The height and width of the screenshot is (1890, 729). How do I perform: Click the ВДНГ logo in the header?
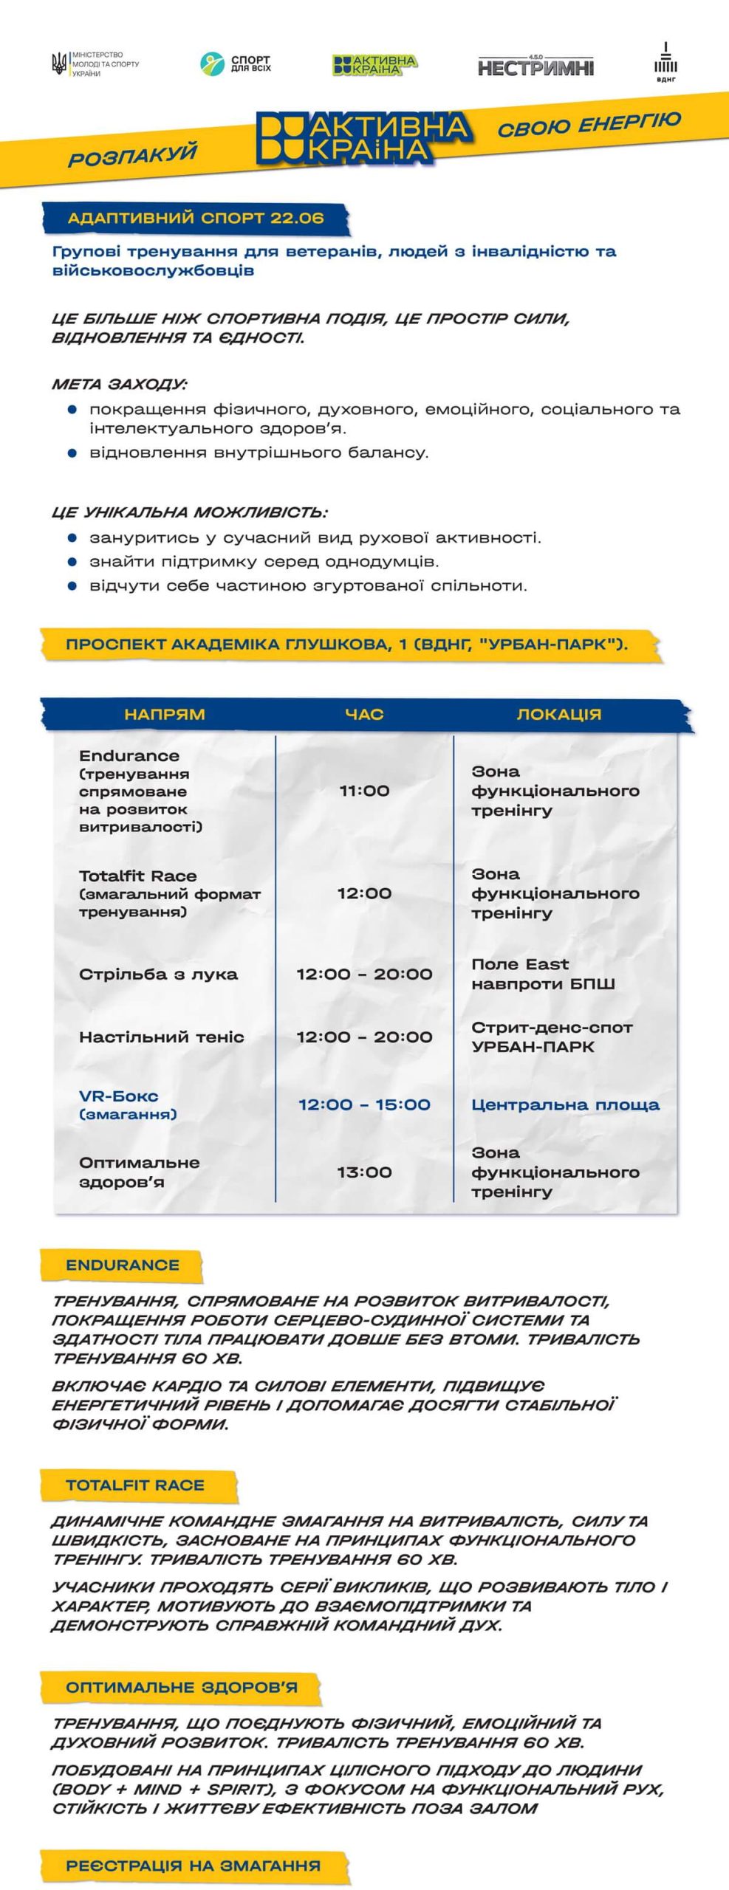(x=665, y=65)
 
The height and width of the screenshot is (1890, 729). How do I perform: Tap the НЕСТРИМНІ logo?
(x=535, y=66)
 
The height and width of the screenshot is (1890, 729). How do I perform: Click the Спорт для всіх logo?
(x=236, y=64)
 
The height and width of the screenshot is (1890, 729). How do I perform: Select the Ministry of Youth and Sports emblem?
(x=58, y=65)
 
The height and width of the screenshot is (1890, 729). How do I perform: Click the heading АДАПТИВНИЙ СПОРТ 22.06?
(x=196, y=219)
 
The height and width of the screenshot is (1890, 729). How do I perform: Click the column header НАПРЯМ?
(x=164, y=714)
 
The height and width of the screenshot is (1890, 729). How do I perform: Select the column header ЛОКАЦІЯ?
(x=558, y=714)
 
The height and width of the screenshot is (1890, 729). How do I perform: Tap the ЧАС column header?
(x=364, y=714)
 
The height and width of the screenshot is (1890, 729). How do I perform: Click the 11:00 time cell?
(x=364, y=791)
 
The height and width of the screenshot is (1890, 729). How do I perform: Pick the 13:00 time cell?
(x=364, y=1172)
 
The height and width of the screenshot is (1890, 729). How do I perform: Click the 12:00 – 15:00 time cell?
(x=364, y=1104)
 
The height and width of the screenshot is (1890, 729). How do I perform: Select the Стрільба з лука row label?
(x=158, y=974)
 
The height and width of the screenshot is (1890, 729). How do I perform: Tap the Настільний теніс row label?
(x=161, y=1037)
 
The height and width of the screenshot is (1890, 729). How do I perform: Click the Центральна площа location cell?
(x=565, y=1104)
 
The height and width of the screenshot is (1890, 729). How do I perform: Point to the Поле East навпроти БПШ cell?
(x=543, y=974)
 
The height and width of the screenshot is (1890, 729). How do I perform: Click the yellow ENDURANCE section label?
(x=123, y=1265)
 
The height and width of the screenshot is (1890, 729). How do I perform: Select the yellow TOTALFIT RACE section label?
(x=135, y=1485)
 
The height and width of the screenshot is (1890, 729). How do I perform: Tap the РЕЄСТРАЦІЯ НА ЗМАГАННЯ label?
(x=194, y=1866)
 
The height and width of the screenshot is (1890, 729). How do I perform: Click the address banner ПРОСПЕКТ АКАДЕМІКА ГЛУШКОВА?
(x=347, y=644)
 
